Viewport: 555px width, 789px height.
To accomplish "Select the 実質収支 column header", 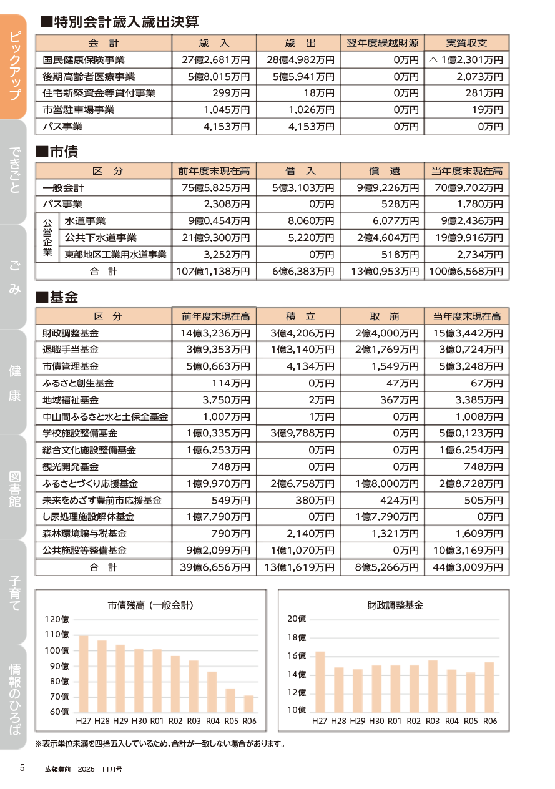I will point(466,43).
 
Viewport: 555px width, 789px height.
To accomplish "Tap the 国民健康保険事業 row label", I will point(84,60).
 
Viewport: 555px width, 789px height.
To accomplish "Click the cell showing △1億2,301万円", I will point(466,60).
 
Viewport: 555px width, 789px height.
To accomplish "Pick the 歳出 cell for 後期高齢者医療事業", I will point(299,77).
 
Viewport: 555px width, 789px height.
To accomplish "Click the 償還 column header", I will point(382,171).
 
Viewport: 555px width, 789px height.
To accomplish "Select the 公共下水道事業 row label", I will point(100,238).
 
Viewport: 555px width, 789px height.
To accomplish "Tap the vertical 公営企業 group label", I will point(47,238).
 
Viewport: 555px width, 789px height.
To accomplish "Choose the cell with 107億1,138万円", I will point(214,272).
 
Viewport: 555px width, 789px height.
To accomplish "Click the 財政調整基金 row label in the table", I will point(71,333).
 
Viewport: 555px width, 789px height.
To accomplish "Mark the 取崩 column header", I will point(382,316).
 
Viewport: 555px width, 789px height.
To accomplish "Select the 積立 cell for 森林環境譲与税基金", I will point(299,534).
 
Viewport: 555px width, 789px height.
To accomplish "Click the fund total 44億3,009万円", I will point(466,567).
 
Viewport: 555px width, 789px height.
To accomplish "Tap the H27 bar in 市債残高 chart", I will point(84,674).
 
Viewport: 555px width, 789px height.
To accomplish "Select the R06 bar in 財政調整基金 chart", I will point(489,686).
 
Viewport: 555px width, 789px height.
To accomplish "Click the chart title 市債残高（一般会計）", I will point(150,605).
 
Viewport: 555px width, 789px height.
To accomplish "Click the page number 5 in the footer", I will point(22,768).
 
